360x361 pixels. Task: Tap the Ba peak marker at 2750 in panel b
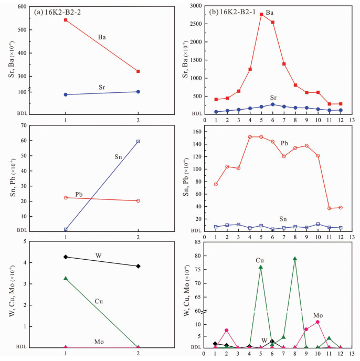pyautogui.click(x=261, y=14)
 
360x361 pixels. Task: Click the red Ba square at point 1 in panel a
pyautogui.click(x=66, y=20)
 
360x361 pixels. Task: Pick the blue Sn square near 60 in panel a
pyautogui.click(x=138, y=141)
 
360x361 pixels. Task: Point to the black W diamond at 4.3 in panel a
pyautogui.click(x=66, y=257)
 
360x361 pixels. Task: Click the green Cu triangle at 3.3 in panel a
pyautogui.click(x=66, y=278)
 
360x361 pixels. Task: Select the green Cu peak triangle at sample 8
pyautogui.click(x=295, y=258)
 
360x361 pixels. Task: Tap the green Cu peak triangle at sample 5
pyautogui.click(x=261, y=267)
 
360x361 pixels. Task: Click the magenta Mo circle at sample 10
pyautogui.click(x=317, y=322)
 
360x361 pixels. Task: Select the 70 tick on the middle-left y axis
pyautogui.click(x=24, y=125)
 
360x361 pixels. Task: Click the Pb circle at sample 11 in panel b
pyautogui.click(x=329, y=208)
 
